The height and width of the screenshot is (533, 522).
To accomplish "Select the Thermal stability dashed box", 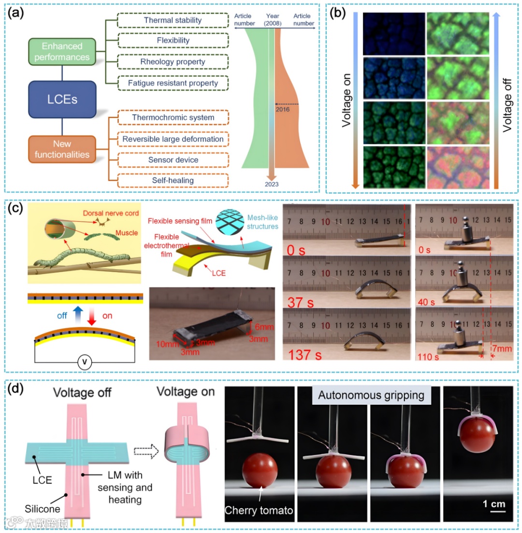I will pos(173,21).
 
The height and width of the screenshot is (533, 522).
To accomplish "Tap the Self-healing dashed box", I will pos(173,181).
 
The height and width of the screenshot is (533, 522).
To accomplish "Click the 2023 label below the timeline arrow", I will pos(272,183).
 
